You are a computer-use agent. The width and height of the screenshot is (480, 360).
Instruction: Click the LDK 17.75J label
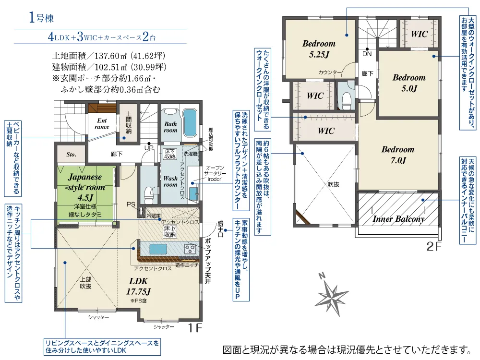click(139, 287)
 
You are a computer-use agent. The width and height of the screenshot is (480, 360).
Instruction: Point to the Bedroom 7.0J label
click(397, 155)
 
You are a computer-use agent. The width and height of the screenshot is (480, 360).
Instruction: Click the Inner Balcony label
click(398, 219)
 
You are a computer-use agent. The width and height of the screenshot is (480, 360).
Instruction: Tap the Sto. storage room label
click(71, 155)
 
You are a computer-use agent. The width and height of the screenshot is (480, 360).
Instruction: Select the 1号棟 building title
click(41, 19)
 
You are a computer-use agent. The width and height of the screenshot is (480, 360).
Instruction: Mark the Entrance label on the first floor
click(102, 124)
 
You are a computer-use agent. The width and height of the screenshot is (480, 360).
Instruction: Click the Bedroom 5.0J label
click(409, 83)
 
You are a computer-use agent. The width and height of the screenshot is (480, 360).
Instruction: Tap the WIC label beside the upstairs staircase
click(419, 34)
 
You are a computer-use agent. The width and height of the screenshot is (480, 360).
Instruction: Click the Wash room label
click(170, 181)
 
